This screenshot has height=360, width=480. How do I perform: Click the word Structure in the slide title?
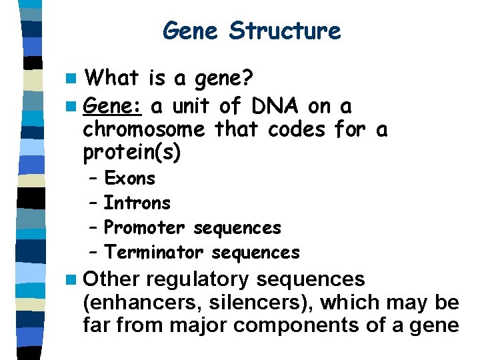click(285, 31)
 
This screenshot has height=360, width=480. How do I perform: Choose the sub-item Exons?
click(129, 179)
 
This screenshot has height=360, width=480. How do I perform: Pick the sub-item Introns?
click(137, 203)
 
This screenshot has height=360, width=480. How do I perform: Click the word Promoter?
click(145, 228)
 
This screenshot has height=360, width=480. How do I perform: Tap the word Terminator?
click(155, 253)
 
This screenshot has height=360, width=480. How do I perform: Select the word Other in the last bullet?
click(113, 279)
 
